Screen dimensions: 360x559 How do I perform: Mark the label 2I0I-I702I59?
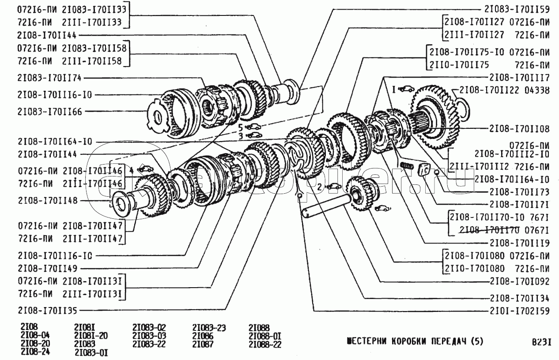519,311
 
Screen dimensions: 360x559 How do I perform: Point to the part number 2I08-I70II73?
519,192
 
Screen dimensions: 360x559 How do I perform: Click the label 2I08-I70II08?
519,129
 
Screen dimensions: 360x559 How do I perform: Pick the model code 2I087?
203,344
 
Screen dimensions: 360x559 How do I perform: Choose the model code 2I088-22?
264,344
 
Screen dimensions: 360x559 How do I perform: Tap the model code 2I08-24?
35,352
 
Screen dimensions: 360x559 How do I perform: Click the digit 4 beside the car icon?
131,169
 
